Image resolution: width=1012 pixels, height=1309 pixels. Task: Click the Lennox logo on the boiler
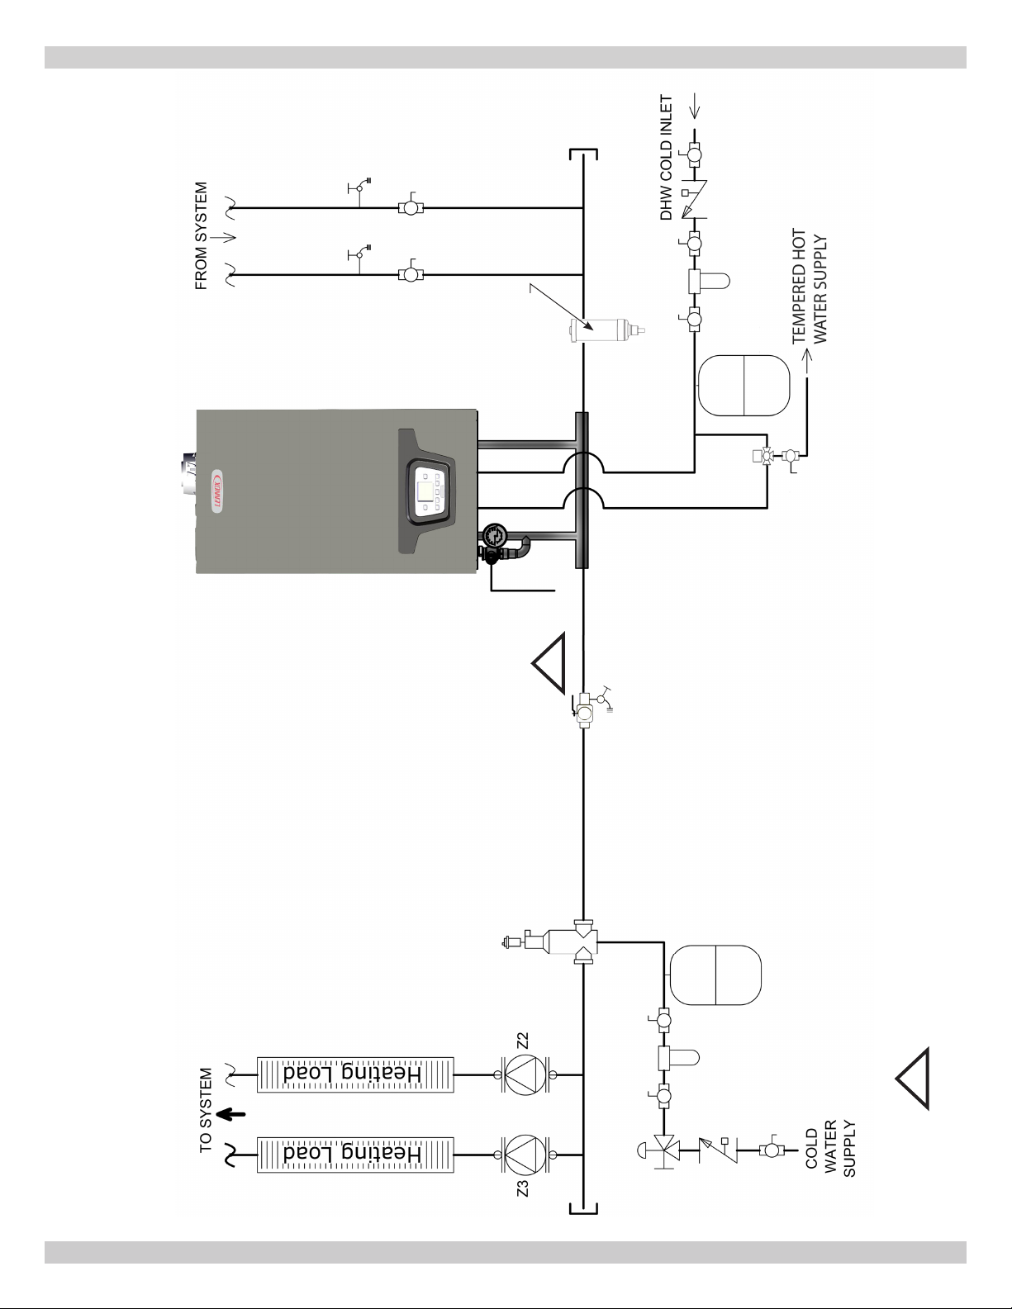[x=216, y=491]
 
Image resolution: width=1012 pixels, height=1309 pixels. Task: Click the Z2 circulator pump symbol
[x=525, y=1074]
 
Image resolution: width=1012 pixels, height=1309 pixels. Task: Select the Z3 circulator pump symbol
[x=525, y=1155]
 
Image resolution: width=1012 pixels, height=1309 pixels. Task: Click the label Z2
[x=523, y=1041]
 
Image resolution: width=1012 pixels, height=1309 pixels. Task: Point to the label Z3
[x=523, y=1188]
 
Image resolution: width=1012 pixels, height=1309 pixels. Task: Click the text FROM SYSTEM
[x=202, y=236]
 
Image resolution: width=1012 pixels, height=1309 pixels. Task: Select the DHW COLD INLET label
[x=666, y=158]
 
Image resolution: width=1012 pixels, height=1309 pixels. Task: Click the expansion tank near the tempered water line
[x=744, y=386]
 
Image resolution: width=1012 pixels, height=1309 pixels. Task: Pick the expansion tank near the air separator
[x=715, y=975]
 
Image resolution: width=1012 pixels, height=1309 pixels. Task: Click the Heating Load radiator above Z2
[x=355, y=1074]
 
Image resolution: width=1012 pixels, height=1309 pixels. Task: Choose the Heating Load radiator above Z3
[x=355, y=1155]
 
